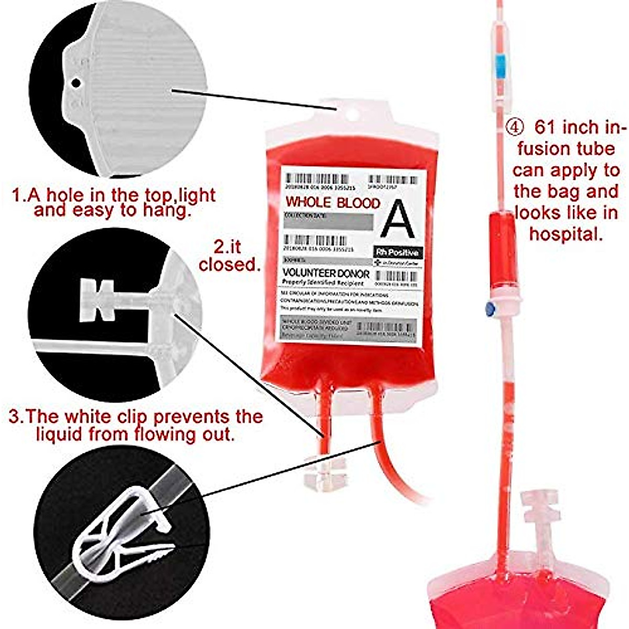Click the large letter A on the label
(398, 219)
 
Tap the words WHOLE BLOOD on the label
(332, 203)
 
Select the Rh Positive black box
(398, 253)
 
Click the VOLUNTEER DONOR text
(326, 273)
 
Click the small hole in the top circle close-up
(76, 82)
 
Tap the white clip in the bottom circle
(123, 535)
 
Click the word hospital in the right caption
(564, 234)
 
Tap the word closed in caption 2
(229, 265)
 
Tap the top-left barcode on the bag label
(318, 179)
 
